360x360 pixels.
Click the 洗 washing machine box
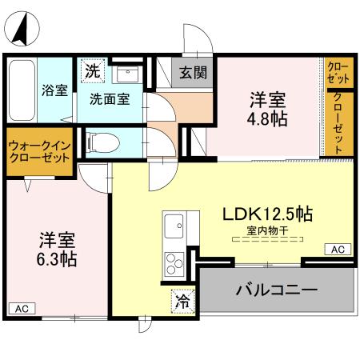pos(93,70)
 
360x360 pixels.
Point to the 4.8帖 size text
pos(268,118)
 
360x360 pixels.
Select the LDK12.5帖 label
pos(266,214)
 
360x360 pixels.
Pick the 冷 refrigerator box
pos(182,302)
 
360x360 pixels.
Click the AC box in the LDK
pos(338,250)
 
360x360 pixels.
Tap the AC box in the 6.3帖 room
pos(21,308)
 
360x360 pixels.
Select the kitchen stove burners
pos(174,262)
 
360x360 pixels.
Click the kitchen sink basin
pos(173,228)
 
